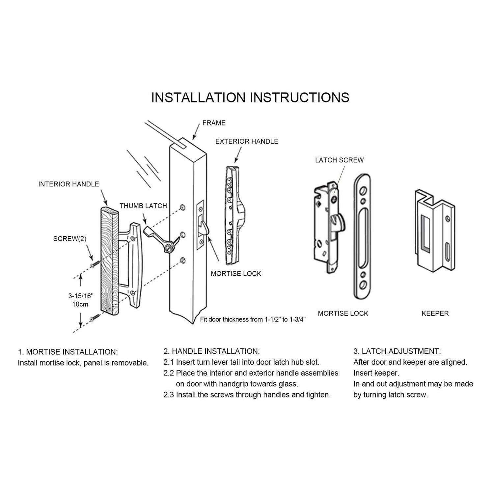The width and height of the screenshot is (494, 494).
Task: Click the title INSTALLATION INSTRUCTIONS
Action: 250,97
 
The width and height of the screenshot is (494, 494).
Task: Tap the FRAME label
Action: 214,123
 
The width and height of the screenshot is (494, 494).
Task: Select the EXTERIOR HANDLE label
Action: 247,141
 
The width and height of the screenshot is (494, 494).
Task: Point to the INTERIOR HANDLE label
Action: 69,184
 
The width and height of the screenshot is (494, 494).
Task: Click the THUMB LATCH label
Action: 143,206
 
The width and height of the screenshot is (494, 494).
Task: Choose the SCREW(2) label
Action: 70,239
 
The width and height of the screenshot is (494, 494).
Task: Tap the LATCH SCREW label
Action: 339,160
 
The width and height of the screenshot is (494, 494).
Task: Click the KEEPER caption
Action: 435,314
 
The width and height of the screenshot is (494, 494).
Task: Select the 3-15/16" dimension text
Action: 81,296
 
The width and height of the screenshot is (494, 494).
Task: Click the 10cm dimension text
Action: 80,304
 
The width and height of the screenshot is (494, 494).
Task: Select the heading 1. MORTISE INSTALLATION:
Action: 68,352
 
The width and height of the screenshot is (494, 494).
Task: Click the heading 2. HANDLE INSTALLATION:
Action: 211,351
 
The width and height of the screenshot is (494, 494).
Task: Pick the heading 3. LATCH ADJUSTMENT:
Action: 397,351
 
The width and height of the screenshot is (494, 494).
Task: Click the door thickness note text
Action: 253,319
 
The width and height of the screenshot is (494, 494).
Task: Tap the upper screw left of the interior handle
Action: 95,264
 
